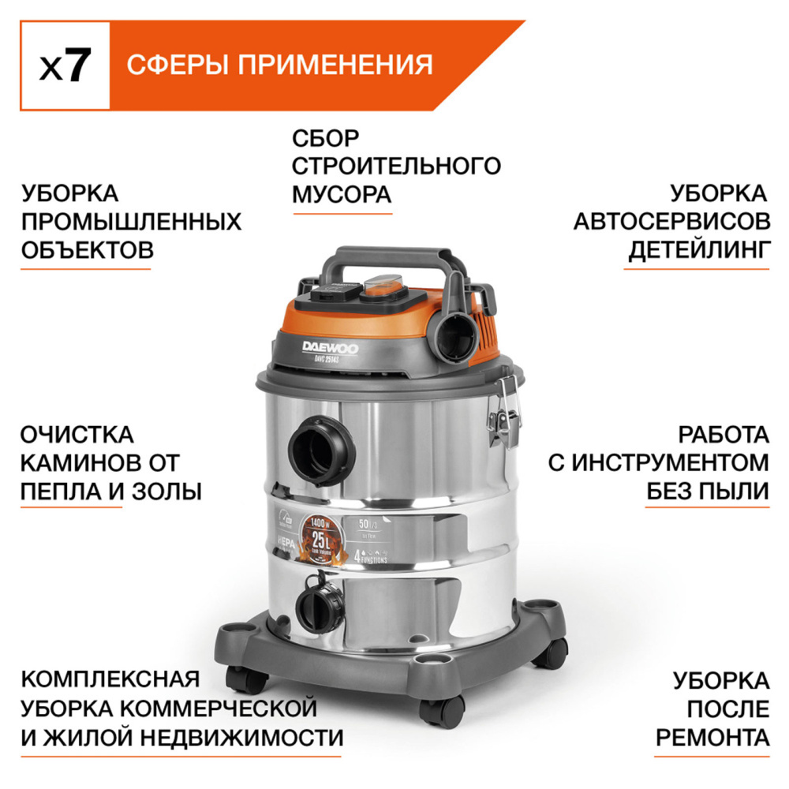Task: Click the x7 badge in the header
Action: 64,66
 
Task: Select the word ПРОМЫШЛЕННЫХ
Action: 131,222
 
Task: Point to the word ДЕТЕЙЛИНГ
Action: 698,251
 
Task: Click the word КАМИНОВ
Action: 77,463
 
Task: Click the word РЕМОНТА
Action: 712,737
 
